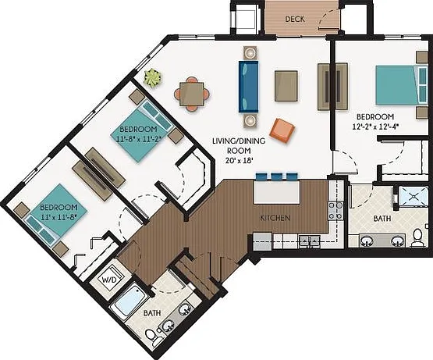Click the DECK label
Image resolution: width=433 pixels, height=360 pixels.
coord(295,19)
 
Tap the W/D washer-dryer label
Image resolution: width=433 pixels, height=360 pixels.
coord(110,280)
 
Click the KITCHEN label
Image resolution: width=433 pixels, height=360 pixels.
coord(275,218)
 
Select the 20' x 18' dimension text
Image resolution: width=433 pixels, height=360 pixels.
coord(240,160)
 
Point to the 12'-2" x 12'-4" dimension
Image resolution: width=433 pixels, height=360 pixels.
coord(375,127)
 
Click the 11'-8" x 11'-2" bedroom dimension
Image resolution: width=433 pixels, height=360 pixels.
coord(139,138)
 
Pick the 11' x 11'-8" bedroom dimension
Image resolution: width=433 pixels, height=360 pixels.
coord(59,217)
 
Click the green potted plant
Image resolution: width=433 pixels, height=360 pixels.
coord(152,78)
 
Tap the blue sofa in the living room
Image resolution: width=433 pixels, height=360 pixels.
coord(249,87)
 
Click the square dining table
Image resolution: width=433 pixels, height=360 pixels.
coord(192,94)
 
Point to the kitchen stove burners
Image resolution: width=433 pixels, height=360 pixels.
coord(335,211)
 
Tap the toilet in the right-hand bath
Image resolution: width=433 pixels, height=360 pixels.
coord(417,238)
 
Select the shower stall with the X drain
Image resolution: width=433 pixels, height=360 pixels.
coord(413,196)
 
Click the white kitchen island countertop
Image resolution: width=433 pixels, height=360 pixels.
coord(277,192)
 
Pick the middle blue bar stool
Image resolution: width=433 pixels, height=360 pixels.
coord(277,176)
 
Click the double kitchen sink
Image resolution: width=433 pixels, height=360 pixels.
coord(310,241)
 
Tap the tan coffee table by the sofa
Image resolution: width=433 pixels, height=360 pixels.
coord(286,86)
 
